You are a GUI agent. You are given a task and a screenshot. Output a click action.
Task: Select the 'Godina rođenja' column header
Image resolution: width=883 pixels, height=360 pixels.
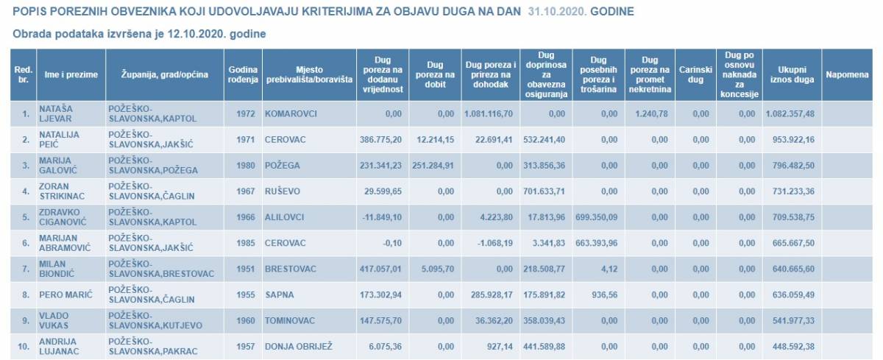point(242,74)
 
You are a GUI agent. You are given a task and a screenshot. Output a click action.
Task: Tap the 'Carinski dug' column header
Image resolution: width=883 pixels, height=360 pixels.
point(693,74)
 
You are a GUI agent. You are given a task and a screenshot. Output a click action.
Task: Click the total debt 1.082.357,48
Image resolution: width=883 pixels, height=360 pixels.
point(791,115)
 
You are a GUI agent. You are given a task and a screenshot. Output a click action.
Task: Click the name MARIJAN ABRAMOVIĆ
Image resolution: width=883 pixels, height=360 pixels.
point(64,243)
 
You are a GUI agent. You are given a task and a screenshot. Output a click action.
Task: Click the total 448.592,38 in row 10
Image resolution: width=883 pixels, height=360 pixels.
point(791,347)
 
